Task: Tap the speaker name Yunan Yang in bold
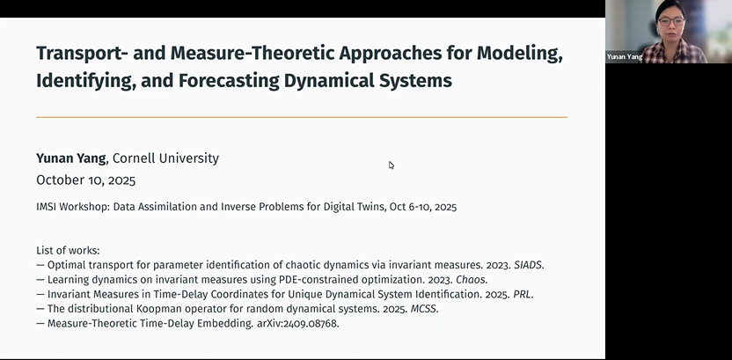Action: point(71,158)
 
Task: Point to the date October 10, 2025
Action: point(86,180)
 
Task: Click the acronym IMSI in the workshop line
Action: point(48,208)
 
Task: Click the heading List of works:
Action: point(68,251)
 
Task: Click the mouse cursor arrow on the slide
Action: point(391,165)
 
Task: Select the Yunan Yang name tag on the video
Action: point(624,56)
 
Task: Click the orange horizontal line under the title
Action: point(301,117)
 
